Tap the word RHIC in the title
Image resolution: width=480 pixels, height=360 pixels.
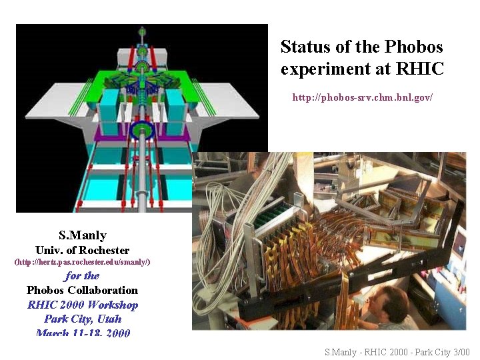tap(419, 69)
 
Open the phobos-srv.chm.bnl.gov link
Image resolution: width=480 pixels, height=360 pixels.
tap(363, 97)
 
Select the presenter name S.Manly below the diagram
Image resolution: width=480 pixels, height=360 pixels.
tap(82, 235)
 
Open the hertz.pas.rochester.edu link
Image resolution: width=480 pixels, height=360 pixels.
tap(82, 262)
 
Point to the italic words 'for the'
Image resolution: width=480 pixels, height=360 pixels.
tap(82, 275)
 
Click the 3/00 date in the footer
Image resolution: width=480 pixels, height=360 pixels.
tap(461, 352)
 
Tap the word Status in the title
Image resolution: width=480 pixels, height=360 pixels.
tap(303, 47)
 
